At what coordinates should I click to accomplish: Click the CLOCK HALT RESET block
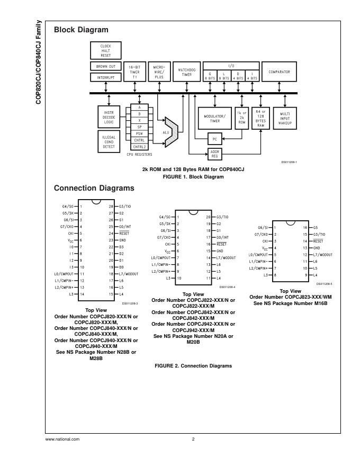[x=106, y=51]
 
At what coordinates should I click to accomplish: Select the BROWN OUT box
[x=106, y=67]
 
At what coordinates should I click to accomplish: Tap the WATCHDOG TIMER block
[x=187, y=72]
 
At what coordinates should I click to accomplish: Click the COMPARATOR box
[x=279, y=71]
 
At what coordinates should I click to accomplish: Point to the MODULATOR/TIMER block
[x=214, y=118]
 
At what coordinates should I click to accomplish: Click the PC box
[x=214, y=139]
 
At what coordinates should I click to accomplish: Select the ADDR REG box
[x=214, y=154]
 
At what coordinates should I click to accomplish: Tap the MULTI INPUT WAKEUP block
[x=285, y=118]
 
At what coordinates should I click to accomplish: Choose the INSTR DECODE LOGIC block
[x=109, y=118]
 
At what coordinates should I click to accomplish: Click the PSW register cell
[x=139, y=133]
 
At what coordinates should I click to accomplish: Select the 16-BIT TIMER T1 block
[x=134, y=72]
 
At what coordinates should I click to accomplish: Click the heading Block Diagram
[x=81, y=30]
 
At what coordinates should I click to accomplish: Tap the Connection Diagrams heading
[x=94, y=188]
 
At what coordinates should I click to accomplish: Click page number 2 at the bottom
[x=193, y=439]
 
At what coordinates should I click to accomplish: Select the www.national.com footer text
[x=62, y=439]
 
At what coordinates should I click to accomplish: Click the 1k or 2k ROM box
[x=242, y=118]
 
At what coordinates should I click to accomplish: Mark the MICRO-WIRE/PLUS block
[x=159, y=72]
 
